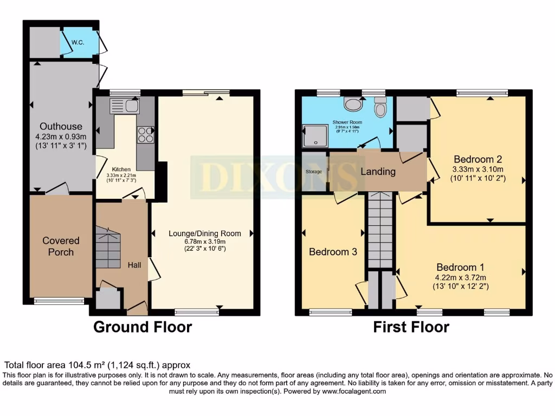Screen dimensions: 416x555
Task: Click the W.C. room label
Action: click(78, 42)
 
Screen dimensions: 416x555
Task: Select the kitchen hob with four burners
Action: click(146, 134)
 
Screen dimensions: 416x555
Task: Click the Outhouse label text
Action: click(64, 127)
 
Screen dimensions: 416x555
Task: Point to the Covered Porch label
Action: click(61, 246)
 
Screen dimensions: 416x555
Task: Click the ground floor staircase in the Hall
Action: click(108, 248)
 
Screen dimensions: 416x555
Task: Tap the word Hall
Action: click(134, 265)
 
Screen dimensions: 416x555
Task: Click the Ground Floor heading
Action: click(143, 327)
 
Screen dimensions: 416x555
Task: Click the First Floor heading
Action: click(411, 327)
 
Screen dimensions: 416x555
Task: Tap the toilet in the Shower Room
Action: click(380, 107)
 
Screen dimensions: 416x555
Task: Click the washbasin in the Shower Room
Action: click(353, 104)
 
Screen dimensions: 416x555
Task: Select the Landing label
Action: click(378, 172)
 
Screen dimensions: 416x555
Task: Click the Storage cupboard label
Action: click(314, 172)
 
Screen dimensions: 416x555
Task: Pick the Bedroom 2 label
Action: click(478, 159)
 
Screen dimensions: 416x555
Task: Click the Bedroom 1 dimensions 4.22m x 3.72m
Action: click(460, 278)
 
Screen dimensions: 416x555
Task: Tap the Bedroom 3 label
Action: click(333, 252)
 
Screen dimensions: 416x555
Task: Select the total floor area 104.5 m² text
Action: click(98, 365)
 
